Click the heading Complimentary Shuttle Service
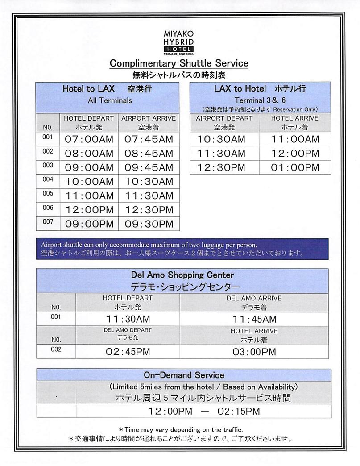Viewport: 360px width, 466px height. point(179,63)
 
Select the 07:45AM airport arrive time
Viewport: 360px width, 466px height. point(149,139)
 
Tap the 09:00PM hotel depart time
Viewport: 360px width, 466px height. point(89,224)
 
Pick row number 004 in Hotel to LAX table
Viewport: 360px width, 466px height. point(48,179)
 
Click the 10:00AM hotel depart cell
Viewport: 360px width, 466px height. point(89,182)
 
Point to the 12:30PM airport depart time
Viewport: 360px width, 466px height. point(221,167)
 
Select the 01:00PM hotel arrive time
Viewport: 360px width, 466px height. point(295,167)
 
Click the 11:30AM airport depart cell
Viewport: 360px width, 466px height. point(221,154)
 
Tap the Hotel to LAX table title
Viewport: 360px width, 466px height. point(107,89)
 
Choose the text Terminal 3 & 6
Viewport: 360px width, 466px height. point(260,100)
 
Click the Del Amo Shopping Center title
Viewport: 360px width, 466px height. point(182,275)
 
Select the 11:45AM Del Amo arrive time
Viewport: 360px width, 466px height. point(254,319)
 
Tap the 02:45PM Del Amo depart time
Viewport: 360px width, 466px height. point(128,352)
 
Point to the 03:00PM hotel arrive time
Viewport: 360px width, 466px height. point(254,352)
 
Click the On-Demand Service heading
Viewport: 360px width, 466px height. point(184,375)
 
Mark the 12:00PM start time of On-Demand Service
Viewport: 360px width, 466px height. point(170,411)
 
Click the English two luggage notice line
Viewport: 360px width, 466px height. point(149,245)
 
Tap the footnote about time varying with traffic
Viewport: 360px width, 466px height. point(180,429)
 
